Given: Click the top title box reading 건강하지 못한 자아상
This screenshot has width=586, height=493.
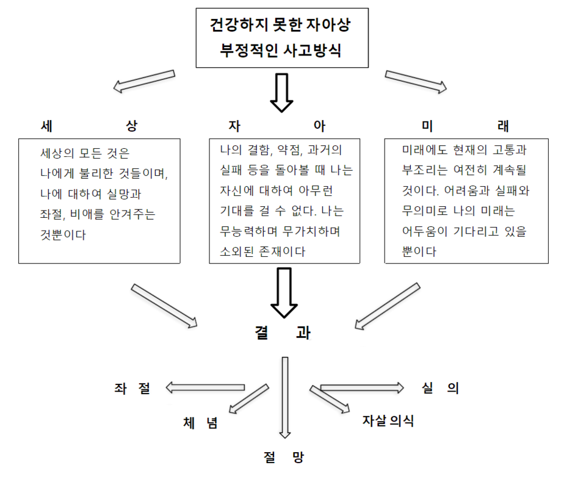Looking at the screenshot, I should (x=281, y=38).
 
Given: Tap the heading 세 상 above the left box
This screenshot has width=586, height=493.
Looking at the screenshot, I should (x=89, y=126).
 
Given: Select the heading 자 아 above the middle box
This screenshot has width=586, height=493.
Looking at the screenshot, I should (x=277, y=126).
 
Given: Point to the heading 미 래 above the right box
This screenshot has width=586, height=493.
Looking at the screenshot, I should (x=465, y=126).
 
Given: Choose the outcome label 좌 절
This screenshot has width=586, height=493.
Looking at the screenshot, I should (x=132, y=388).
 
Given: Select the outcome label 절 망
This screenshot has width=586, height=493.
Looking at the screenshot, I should (x=284, y=458).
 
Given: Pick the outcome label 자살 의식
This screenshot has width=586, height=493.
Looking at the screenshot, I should (x=388, y=420).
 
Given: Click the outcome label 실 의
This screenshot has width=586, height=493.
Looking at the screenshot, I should (x=440, y=388).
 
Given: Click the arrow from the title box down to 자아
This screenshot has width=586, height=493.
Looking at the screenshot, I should (x=281, y=92).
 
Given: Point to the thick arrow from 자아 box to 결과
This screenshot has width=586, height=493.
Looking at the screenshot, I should (x=284, y=292).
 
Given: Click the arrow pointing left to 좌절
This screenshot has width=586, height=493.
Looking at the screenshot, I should (x=205, y=387).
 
